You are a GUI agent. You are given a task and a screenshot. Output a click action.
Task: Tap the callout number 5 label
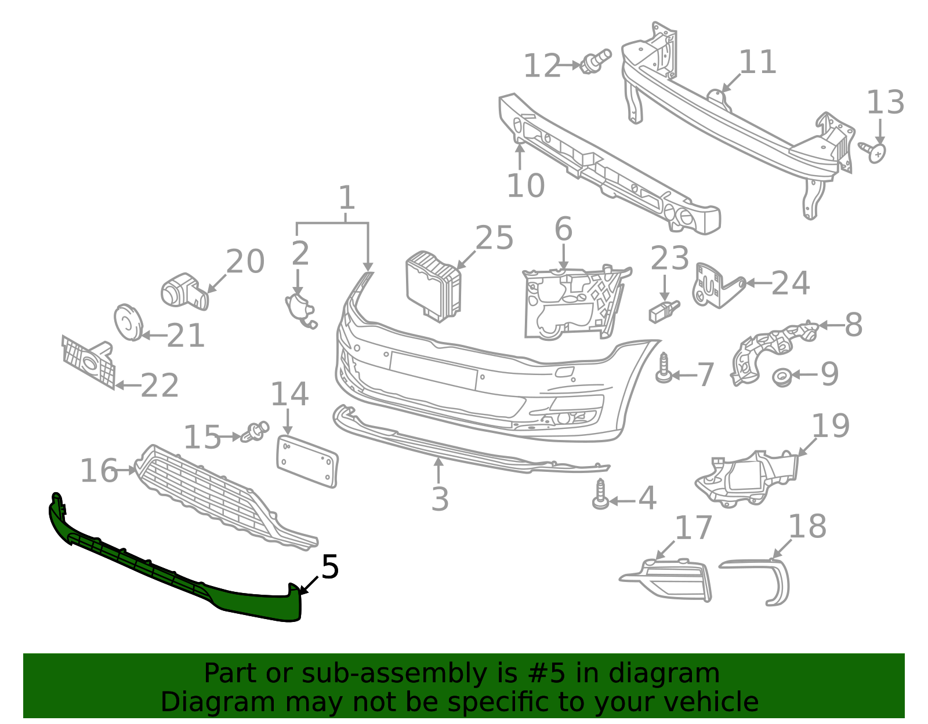pos(329,567)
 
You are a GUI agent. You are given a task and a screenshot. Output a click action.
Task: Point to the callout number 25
pos(494,238)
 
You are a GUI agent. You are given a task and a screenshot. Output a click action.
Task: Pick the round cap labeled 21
pos(128,322)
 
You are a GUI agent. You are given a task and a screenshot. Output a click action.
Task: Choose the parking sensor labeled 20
pos(183,291)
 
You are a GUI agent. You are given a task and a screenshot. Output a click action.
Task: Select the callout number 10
pos(525,186)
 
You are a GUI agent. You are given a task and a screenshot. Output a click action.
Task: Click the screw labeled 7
pos(664,369)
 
